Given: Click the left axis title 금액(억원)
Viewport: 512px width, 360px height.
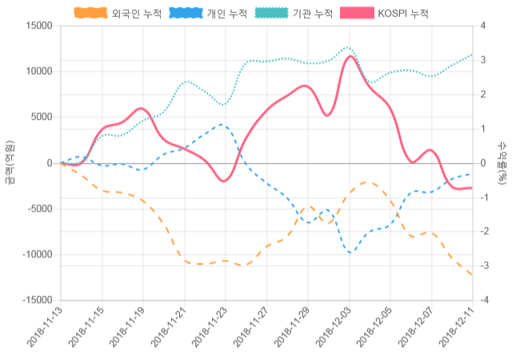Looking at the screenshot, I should pyautogui.click(x=10, y=162).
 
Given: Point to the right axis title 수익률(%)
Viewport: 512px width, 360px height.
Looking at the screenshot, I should pyautogui.click(x=502, y=162).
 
